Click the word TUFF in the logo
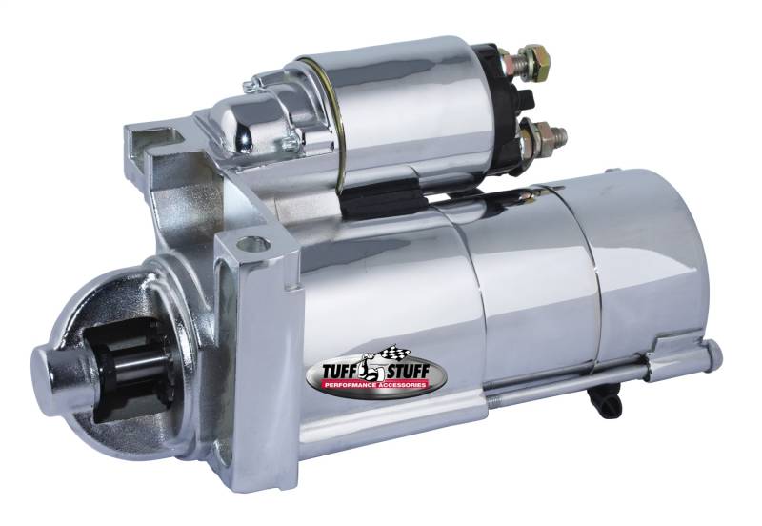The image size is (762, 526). pos(342,371)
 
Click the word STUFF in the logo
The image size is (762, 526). pos(409,371)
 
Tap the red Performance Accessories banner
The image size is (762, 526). pos(375,385)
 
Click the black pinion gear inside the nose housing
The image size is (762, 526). pos(133,367)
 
